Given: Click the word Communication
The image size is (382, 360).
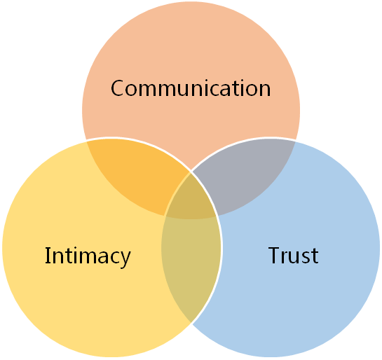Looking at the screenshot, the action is [x=191, y=88].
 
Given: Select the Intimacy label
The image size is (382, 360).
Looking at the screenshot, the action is [x=88, y=256].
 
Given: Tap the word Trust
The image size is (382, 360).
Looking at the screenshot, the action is [x=293, y=255].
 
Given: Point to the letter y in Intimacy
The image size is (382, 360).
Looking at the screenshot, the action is [x=125, y=260].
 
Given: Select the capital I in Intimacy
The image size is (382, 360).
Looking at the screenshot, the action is [x=47, y=255].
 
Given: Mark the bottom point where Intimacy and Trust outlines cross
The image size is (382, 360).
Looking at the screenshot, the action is [x=191, y=323].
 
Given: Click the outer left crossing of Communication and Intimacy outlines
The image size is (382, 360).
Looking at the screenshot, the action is [x=87, y=141].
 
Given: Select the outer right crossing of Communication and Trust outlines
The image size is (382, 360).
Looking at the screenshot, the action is [x=295, y=141].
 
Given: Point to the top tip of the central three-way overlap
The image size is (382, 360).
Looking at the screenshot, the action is [x=191, y=172].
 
